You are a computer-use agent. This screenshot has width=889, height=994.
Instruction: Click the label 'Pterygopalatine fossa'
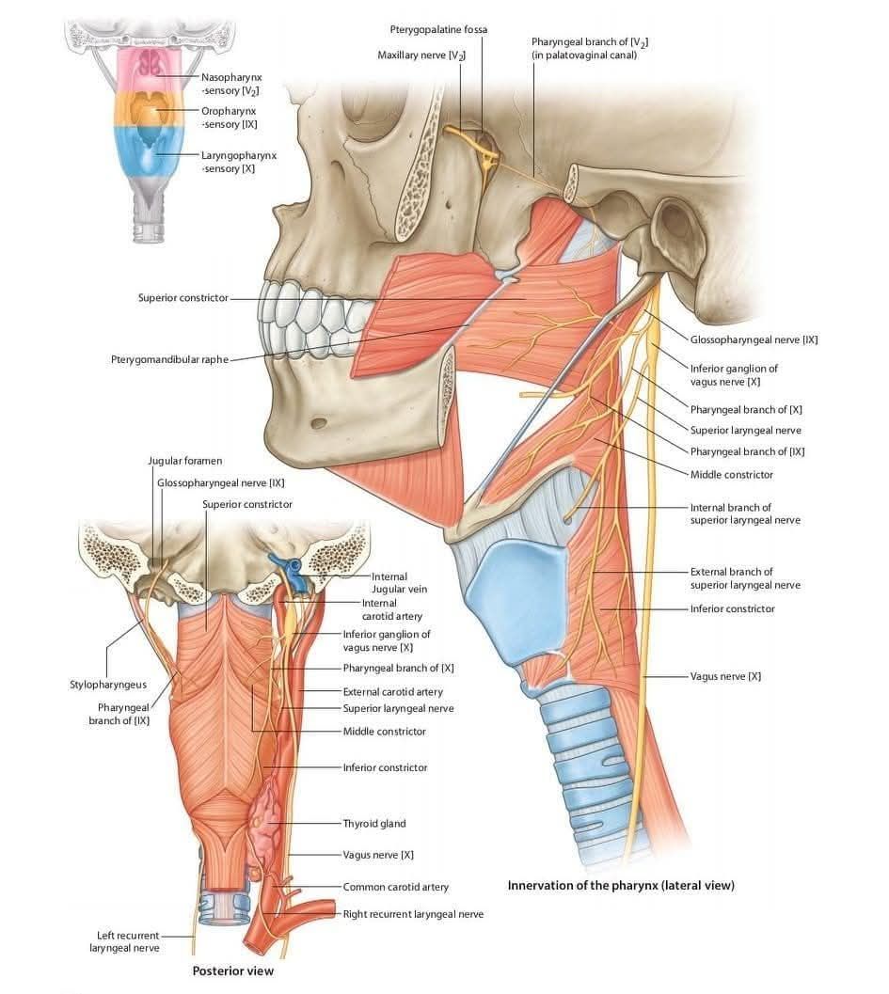point(438,29)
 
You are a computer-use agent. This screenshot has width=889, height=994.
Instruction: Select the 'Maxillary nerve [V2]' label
point(421,55)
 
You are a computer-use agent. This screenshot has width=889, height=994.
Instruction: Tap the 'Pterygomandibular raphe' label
point(169,359)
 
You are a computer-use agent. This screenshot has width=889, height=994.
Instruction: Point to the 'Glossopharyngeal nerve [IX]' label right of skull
point(754,339)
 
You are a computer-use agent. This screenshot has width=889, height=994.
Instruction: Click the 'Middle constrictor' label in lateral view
point(732,474)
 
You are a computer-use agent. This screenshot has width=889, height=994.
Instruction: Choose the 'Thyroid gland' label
point(374,824)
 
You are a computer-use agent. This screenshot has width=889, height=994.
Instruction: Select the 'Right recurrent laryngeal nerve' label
point(413,914)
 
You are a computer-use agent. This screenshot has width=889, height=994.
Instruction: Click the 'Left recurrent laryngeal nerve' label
point(125,941)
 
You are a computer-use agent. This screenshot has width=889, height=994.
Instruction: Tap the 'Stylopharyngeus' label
point(108,685)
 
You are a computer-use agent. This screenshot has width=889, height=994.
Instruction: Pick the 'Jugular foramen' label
point(185,461)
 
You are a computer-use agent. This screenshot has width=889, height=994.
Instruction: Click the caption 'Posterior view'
point(232,970)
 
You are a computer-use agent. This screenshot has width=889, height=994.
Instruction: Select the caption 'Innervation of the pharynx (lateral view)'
point(621,885)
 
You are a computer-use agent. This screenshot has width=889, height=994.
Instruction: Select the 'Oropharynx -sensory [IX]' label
point(229,118)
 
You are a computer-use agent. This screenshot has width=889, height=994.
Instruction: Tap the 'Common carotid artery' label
point(396,887)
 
